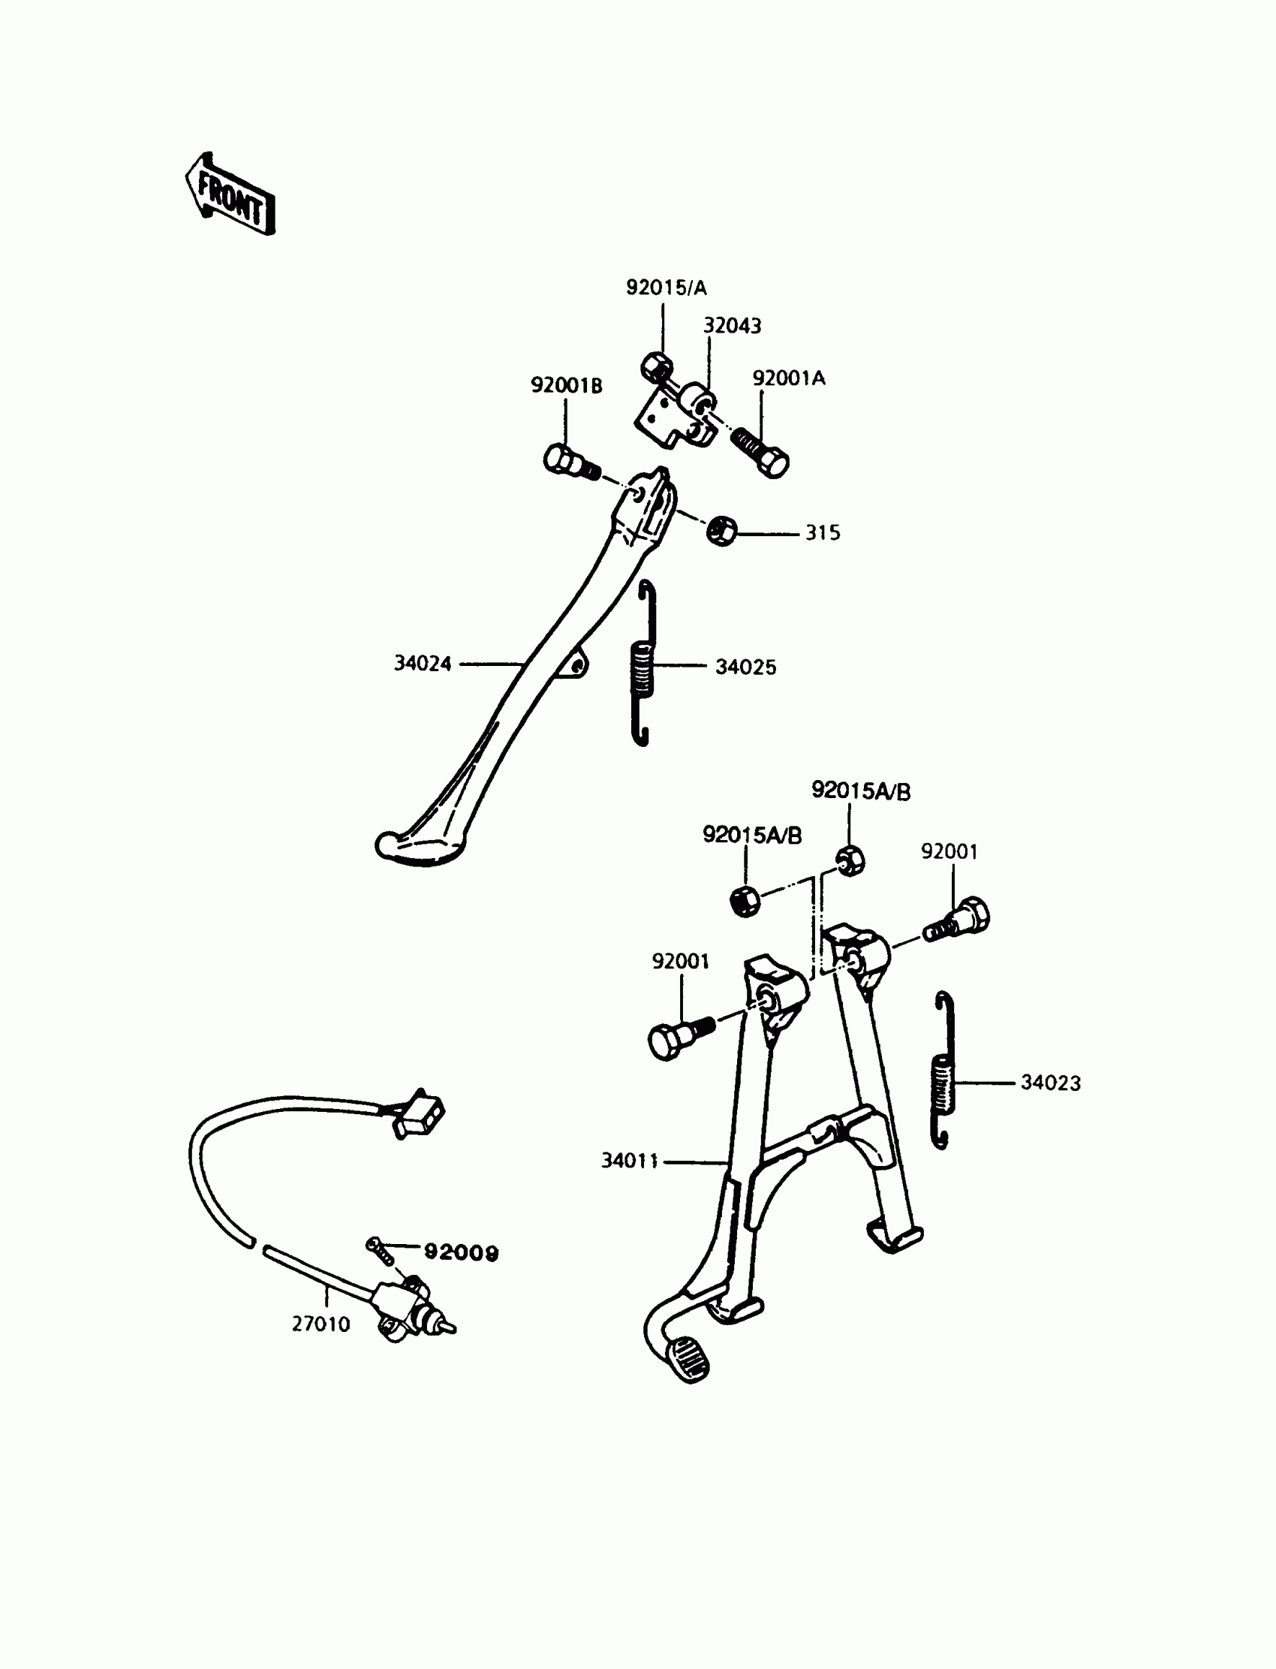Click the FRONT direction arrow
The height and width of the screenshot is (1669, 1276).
pos(230,194)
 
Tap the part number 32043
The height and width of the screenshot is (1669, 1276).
pos(731,326)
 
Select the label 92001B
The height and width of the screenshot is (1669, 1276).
pos(566,386)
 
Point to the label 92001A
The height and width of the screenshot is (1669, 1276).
pos(788,378)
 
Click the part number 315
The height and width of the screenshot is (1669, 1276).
pos(823,533)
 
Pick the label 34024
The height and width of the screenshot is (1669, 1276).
pos(423,664)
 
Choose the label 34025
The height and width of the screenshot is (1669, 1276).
pos(746,667)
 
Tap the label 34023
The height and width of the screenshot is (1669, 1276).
pos(1050,1083)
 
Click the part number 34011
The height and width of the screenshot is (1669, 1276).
pos(630,1161)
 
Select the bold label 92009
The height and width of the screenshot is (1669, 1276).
pos(461,1253)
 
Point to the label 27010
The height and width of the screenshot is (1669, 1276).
pos(321,1325)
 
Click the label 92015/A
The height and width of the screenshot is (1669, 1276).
pos(666,288)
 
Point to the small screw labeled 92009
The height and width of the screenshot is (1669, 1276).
pos(381,1250)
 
